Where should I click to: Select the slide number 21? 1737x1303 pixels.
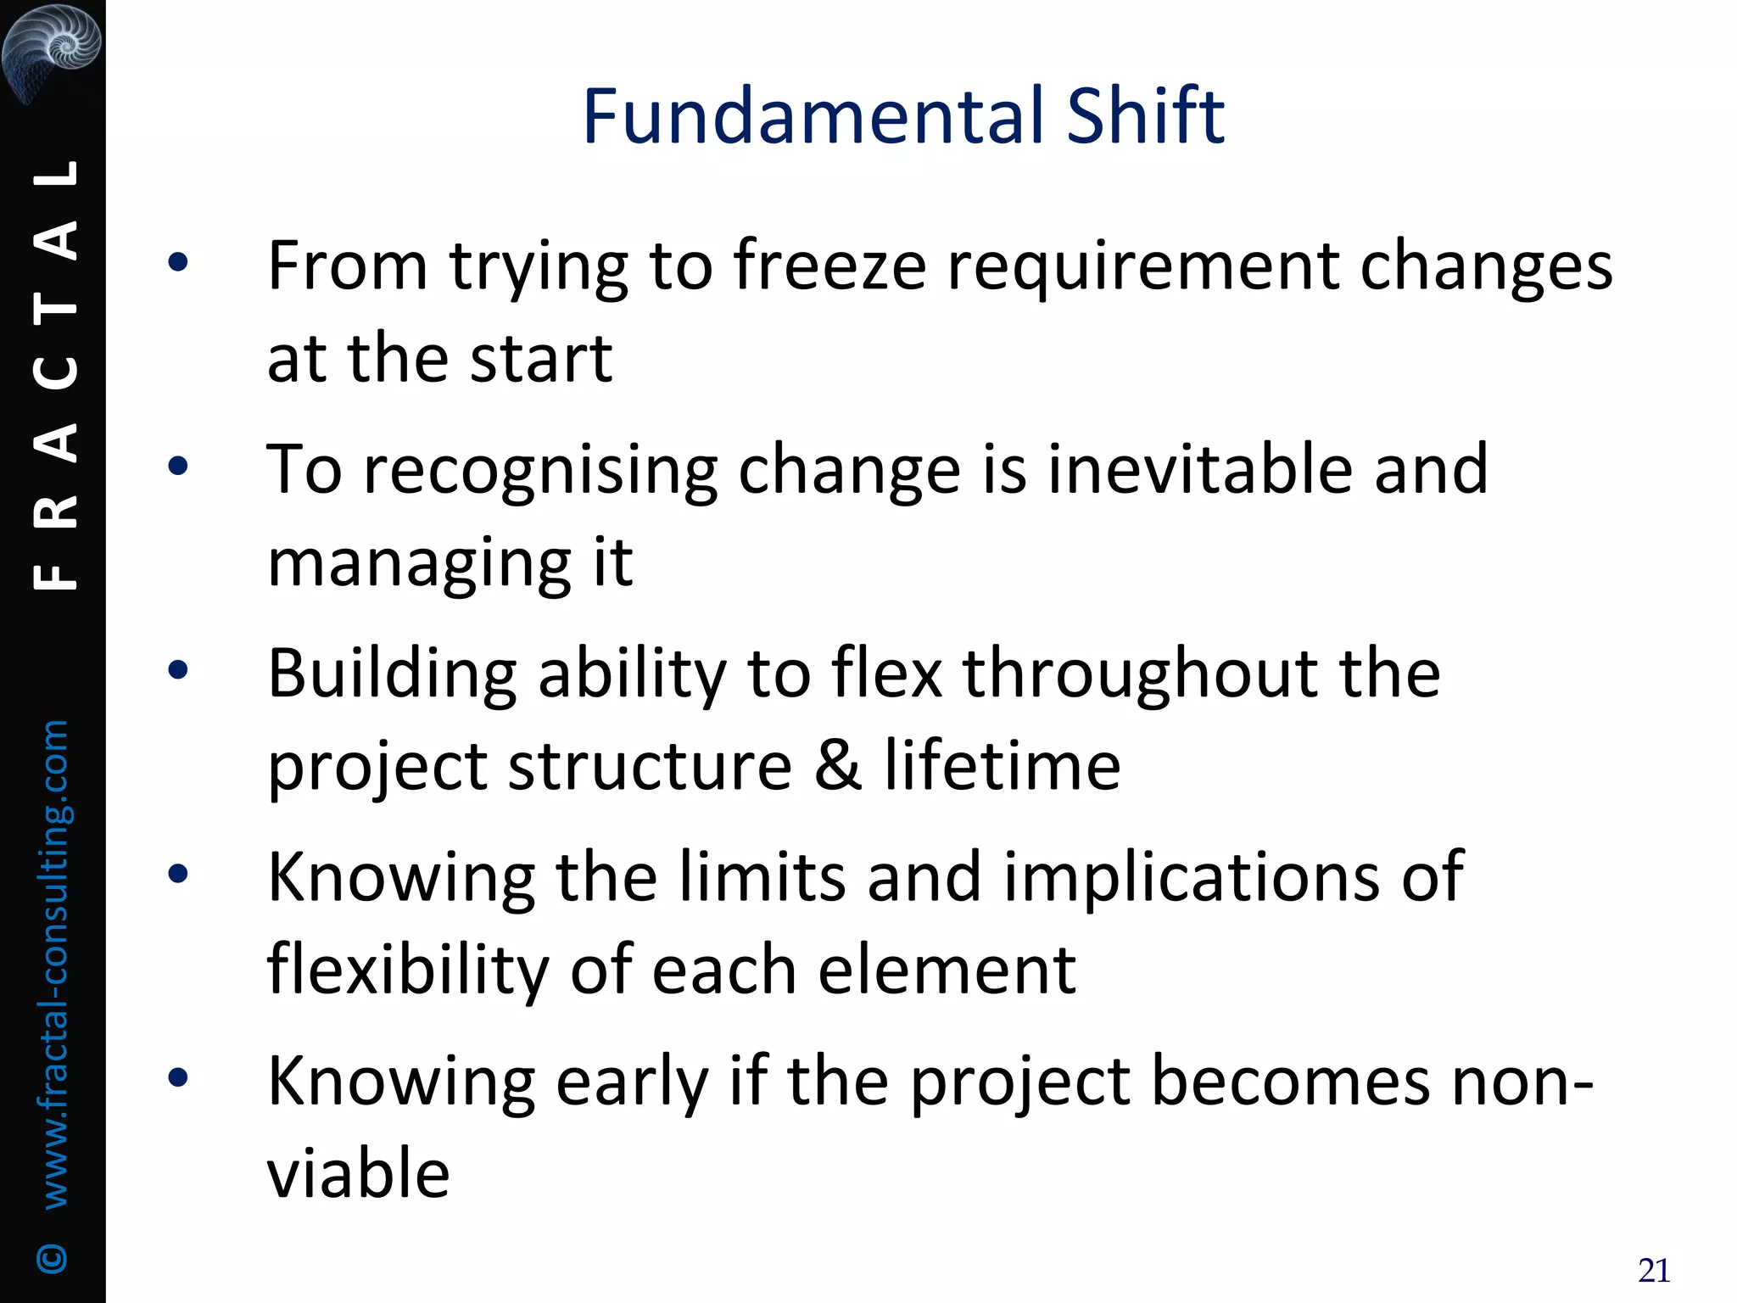(x=1654, y=1271)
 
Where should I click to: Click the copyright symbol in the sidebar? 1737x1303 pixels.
(x=53, y=1258)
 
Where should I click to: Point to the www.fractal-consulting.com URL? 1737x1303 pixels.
(x=54, y=964)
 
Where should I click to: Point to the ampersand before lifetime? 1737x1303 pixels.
(x=838, y=765)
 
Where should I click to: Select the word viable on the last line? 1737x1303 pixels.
(x=358, y=1172)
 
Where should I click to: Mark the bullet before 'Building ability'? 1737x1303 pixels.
(x=178, y=671)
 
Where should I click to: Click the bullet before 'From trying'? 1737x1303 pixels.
(x=178, y=263)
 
